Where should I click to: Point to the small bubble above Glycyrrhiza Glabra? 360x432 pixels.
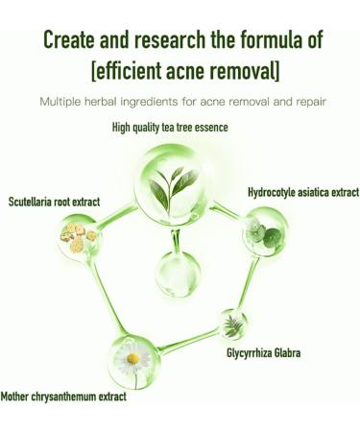(x=233, y=324)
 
